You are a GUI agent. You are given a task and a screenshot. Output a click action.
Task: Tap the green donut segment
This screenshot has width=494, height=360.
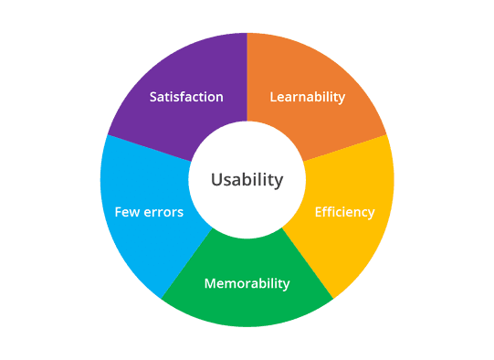247,306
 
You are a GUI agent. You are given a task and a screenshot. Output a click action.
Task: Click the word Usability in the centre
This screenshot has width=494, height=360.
247,180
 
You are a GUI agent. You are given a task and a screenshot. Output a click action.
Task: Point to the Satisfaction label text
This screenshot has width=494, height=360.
186,97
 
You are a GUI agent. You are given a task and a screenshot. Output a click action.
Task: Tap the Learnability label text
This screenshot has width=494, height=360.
308,97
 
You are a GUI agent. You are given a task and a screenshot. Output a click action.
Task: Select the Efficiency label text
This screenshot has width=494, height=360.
344,212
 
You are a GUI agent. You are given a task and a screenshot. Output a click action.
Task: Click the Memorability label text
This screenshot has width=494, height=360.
247,283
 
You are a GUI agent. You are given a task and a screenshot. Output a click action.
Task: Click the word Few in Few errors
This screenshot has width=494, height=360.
127,212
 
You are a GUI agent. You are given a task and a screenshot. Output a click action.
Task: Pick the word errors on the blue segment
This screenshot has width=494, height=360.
163,212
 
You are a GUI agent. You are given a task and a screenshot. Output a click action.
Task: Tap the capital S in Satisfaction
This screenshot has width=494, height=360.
153,97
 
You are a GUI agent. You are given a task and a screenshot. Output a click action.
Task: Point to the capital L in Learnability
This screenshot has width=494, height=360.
273,97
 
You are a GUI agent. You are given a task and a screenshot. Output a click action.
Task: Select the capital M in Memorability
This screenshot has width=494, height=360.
210,283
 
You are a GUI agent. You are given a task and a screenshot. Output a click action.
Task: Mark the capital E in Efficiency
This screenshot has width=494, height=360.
319,212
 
